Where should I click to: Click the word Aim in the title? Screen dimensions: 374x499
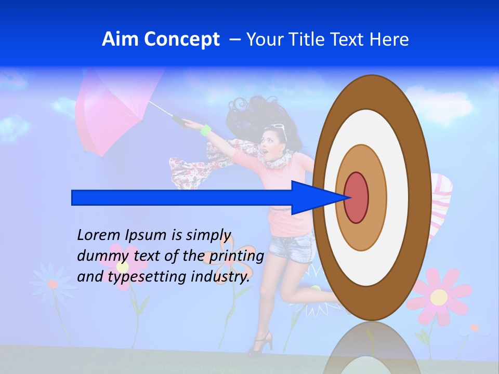coord(121,39)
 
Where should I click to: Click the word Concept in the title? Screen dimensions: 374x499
coord(181,39)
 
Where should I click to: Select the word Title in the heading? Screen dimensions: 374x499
coord(311,39)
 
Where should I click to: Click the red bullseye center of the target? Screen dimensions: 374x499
coord(356,198)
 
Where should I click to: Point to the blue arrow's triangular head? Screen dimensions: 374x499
coord(312,198)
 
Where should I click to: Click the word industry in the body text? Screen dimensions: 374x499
coord(220,277)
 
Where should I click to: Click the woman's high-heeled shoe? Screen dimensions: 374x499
coord(262,343)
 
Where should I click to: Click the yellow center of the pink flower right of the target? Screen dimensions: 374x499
coord(439,297)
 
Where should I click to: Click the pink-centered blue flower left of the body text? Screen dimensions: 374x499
coord(52,284)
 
